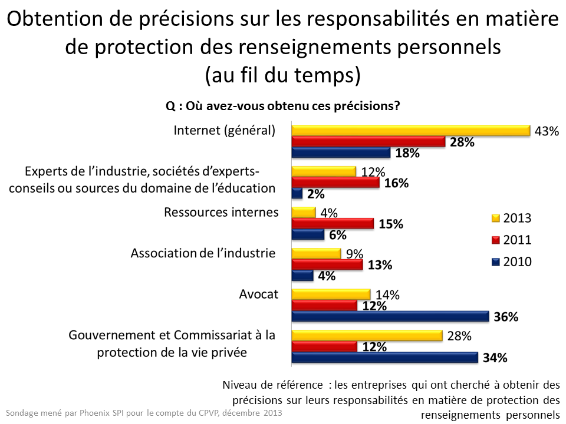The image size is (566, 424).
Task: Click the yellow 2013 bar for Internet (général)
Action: tap(411, 131)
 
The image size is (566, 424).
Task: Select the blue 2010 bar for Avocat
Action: tap(390, 317)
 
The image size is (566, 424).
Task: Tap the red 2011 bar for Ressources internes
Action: tap(333, 224)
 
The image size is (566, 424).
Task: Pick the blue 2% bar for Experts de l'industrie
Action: tap(297, 194)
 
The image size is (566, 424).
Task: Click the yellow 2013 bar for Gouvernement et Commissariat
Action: tap(367, 336)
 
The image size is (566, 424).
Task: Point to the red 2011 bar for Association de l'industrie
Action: tap(327, 265)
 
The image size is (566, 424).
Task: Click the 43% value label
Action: tap(546, 131)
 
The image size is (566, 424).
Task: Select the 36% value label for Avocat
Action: tap(506, 317)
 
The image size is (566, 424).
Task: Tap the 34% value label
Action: tap(495, 357)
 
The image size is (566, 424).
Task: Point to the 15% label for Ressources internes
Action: tap(391, 224)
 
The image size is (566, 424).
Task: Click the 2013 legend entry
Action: tap(511, 218)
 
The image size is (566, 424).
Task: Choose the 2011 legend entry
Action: tap(511, 240)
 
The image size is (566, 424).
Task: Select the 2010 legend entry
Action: tap(511, 261)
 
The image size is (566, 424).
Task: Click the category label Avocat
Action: tap(258, 294)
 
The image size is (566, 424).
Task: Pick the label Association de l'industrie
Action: tap(203, 253)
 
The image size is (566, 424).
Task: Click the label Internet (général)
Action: tap(224, 131)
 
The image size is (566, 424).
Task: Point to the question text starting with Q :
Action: tap(283, 106)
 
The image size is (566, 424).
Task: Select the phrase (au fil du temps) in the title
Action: tap(283, 75)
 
